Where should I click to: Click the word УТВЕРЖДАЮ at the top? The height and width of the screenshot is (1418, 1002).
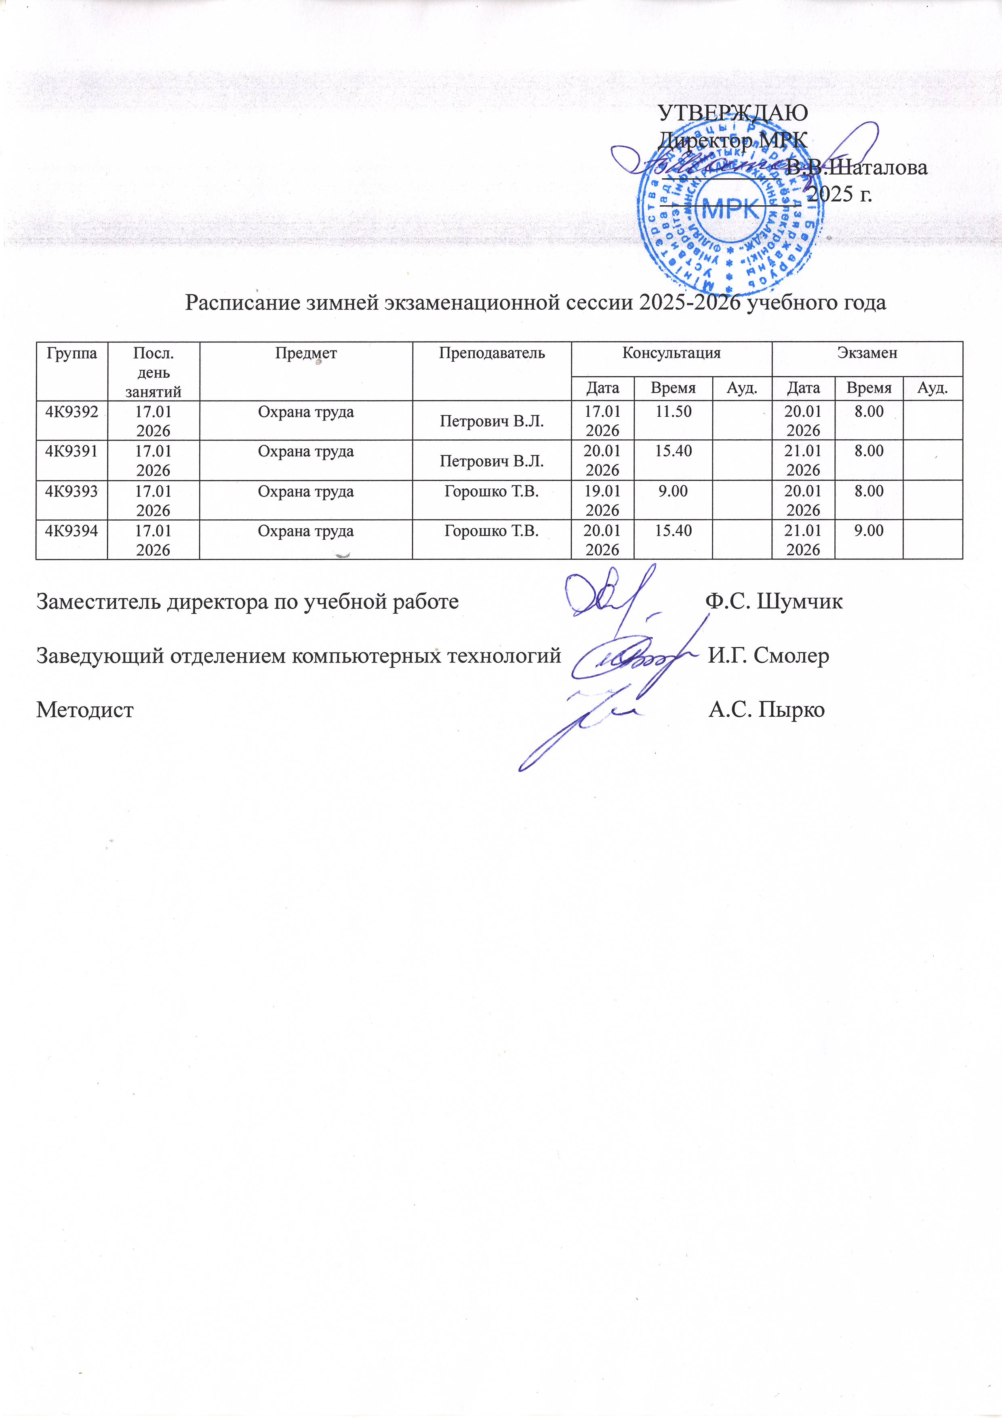coord(733,113)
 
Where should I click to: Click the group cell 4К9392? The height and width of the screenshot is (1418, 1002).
coord(72,411)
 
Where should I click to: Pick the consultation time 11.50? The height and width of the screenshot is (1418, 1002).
coord(673,411)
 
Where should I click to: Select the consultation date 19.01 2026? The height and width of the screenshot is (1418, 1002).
coord(602,500)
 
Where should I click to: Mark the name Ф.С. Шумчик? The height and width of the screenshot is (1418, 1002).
coord(774,601)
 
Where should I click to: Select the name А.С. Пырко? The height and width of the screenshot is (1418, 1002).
coord(766,710)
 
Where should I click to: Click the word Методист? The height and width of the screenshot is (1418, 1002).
coord(84,710)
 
